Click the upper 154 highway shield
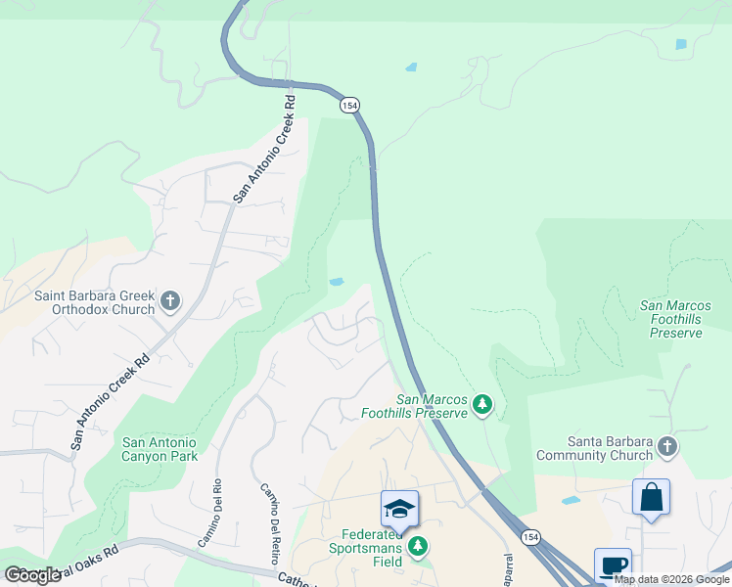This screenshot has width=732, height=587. [x=348, y=104]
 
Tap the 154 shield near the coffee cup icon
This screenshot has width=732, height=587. [x=529, y=538]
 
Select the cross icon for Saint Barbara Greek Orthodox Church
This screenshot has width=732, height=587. [x=170, y=300]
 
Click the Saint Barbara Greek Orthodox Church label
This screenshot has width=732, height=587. [x=95, y=302]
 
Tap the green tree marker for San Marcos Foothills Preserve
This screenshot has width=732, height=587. [x=481, y=404]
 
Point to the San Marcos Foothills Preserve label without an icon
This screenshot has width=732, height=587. [x=675, y=319]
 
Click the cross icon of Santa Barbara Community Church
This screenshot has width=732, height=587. [x=667, y=447]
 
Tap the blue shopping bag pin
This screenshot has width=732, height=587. [x=651, y=497]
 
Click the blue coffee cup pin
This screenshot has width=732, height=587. [x=613, y=564]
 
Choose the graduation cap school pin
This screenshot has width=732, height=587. [x=399, y=509]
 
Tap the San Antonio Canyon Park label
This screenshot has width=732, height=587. [x=160, y=449]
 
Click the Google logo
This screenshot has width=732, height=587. [x=33, y=574]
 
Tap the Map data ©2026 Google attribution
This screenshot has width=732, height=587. [x=671, y=579]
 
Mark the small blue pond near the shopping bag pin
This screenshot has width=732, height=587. [x=571, y=500]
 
